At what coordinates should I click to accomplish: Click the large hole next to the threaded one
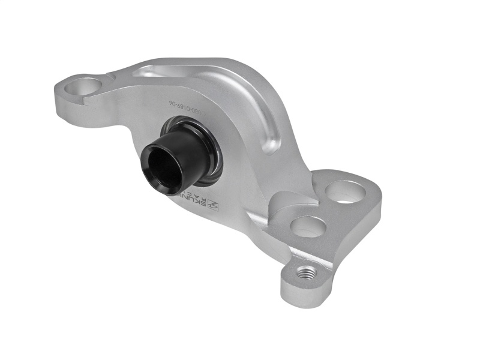click(x=308, y=226)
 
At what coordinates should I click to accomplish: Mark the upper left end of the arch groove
click(x=144, y=72)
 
